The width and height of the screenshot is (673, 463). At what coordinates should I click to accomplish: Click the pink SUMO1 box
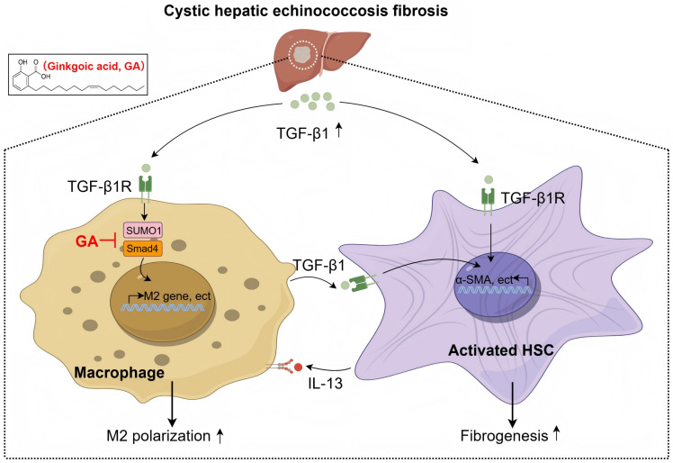pos(143,231)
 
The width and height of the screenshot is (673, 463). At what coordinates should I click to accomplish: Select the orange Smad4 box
pos(143,249)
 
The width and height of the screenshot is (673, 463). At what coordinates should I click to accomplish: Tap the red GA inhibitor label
pos(86,241)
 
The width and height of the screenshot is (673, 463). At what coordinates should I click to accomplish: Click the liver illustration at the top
pos(322,59)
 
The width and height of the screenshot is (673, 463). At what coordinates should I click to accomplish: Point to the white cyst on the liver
pos(303,55)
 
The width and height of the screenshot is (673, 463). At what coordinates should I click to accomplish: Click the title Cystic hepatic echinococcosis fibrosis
pos(306,11)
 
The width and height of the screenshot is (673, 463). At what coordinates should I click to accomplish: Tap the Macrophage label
pos(120,372)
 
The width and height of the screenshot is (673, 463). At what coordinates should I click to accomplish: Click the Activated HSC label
pos(501,350)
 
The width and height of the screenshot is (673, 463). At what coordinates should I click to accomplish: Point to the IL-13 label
pos(326,383)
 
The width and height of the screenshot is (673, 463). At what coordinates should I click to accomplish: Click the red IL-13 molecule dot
pos(298,368)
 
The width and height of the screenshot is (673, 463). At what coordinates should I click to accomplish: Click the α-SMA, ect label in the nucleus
pos(484,280)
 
